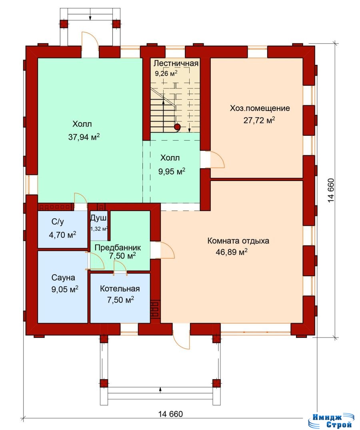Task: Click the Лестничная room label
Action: [176, 64]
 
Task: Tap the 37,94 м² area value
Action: [84, 137]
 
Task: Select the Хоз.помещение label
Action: [260, 108]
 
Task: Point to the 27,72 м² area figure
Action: [259, 120]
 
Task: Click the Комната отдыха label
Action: [238, 241]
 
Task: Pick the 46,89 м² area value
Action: [232, 252]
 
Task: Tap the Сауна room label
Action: [63, 277]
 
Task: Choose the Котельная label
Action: [120, 289]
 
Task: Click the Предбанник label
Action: [118, 248]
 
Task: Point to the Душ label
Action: [98, 218]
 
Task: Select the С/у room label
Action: [58, 221]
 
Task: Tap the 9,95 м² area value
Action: [172, 171]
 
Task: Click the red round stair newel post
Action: [178, 127]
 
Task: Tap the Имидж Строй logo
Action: [332, 421]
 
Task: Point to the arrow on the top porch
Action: [90, 17]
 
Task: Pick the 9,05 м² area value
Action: [65, 289]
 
